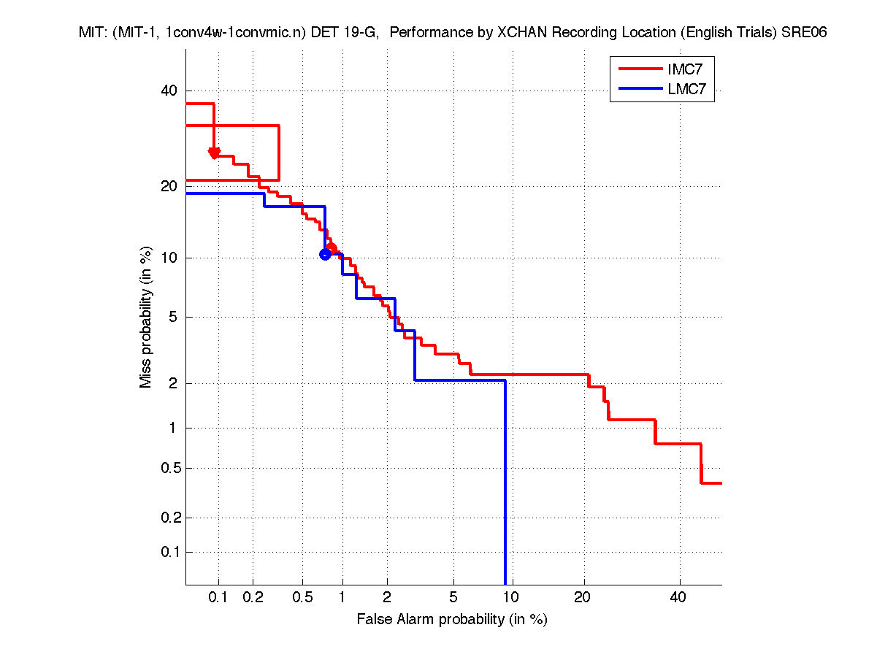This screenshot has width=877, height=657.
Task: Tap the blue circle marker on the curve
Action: pyautogui.click(x=325, y=254)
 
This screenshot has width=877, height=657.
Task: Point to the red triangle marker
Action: pyautogui.click(x=214, y=153)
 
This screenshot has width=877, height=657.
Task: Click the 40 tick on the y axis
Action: pyautogui.click(x=169, y=91)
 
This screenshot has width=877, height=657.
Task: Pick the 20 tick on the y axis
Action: pyautogui.click(x=169, y=186)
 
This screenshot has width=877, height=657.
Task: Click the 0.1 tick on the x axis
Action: pyautogui.click(x=218, y=597)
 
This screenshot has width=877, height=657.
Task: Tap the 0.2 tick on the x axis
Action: pyautogui.click(x=253, y=597)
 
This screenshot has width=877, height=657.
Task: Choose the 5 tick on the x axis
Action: pyautogui.click(x=453, y=597)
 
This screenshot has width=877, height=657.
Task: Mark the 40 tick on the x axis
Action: pyautogui.click(x=679, y=597)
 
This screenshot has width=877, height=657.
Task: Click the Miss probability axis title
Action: pyautogui.click(x=146, y=318)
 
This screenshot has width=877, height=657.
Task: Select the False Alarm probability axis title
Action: pyautogui.click(x=452, y=620)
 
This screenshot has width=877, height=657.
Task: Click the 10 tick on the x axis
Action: pyautogui.click(x=512, y=597)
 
